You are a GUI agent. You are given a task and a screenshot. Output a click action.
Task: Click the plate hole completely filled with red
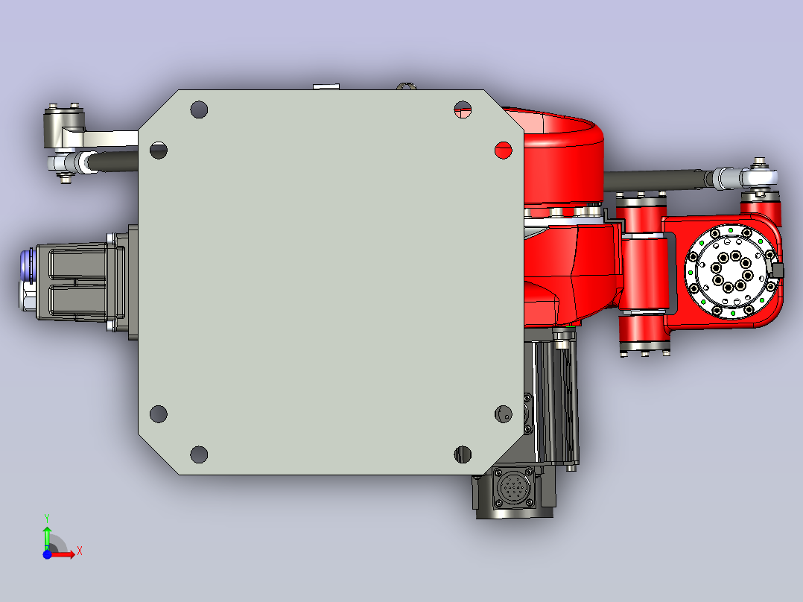pyautogui.click(x=504, y=150)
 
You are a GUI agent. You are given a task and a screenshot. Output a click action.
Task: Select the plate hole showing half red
pyautogui.click(x=463, y=110)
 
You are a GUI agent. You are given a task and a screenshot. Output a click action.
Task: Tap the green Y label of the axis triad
pyautogui.click(x=47, y=519)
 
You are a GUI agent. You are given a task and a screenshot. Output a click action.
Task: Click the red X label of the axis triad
pyautogui.click(x=80, y=551)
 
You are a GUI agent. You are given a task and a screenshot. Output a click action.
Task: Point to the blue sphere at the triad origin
pyautogui.click(x=47, y=554)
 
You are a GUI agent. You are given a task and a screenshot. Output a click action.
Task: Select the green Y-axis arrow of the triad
pyautogui.click(x=47, y=537)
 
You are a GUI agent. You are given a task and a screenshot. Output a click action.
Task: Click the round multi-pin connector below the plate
pyautogui.click(x=512, y=488)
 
